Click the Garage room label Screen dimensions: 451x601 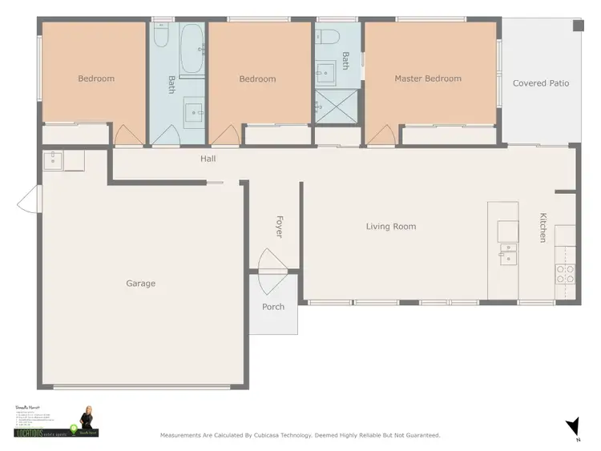pos(140,284)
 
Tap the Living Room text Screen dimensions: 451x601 pos(391,227)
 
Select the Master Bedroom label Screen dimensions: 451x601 pos(428,79)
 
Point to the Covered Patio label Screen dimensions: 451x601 pos(541,83)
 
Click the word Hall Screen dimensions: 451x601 pos(208,159)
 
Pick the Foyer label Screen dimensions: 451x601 pos(280,226)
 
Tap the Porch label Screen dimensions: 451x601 pos(273,307)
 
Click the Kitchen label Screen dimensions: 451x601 pos(543,228)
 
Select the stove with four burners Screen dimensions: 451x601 pos(565,274)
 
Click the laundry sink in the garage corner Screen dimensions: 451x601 pos(53,159)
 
